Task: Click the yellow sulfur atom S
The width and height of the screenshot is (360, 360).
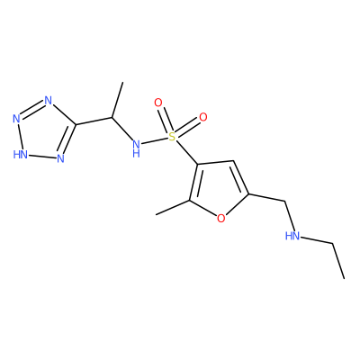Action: tap(172, 137)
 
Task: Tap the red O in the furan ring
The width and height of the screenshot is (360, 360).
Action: tap(220, 219)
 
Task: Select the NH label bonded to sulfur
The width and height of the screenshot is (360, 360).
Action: tap(136, 148)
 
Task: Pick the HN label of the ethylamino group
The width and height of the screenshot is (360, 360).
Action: tap(292, 236)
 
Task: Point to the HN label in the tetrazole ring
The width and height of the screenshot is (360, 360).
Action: tap(21, 154)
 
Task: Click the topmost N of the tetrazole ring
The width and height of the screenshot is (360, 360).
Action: tap(48, 100)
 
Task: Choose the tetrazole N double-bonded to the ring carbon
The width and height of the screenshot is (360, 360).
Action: tap(60, 158)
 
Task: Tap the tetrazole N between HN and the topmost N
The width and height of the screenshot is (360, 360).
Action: tap(16, 119)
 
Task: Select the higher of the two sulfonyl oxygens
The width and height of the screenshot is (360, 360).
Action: tap(157, 103)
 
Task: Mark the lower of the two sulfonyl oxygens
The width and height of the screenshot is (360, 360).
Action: tap(203, 117)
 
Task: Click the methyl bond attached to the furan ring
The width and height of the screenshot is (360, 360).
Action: tap(173, 207)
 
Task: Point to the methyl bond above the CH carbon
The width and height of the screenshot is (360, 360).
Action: tap(117, 99)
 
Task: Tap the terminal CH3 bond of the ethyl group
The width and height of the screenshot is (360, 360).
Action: tap(338, 261)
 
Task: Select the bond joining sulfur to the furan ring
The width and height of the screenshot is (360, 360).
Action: tap(186, 152)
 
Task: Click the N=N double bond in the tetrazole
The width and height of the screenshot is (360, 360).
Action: tap(32, 111)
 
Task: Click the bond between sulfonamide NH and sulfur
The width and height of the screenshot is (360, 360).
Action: tap(154, 141)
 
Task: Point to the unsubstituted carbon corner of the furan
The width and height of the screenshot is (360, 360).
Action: tap(234, 160)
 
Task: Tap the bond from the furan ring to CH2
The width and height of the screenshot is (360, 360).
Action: tap(266, 197)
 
